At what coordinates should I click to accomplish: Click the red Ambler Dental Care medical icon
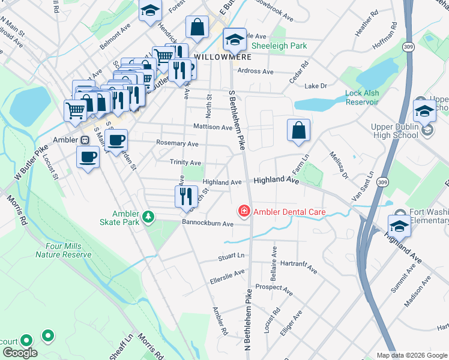244,211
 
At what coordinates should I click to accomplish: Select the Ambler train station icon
85,140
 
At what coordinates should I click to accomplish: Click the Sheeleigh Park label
279,46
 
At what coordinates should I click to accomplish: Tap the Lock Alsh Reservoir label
361,98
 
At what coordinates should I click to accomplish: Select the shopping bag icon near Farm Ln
298,130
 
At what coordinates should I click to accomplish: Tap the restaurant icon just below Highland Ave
185,195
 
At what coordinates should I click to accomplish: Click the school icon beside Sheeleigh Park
235,40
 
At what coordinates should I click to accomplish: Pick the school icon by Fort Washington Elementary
399,225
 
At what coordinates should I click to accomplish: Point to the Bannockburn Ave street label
208,224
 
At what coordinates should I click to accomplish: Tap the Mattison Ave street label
212,127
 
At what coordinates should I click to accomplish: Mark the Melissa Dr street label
339,165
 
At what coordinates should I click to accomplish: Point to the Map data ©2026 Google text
411,355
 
